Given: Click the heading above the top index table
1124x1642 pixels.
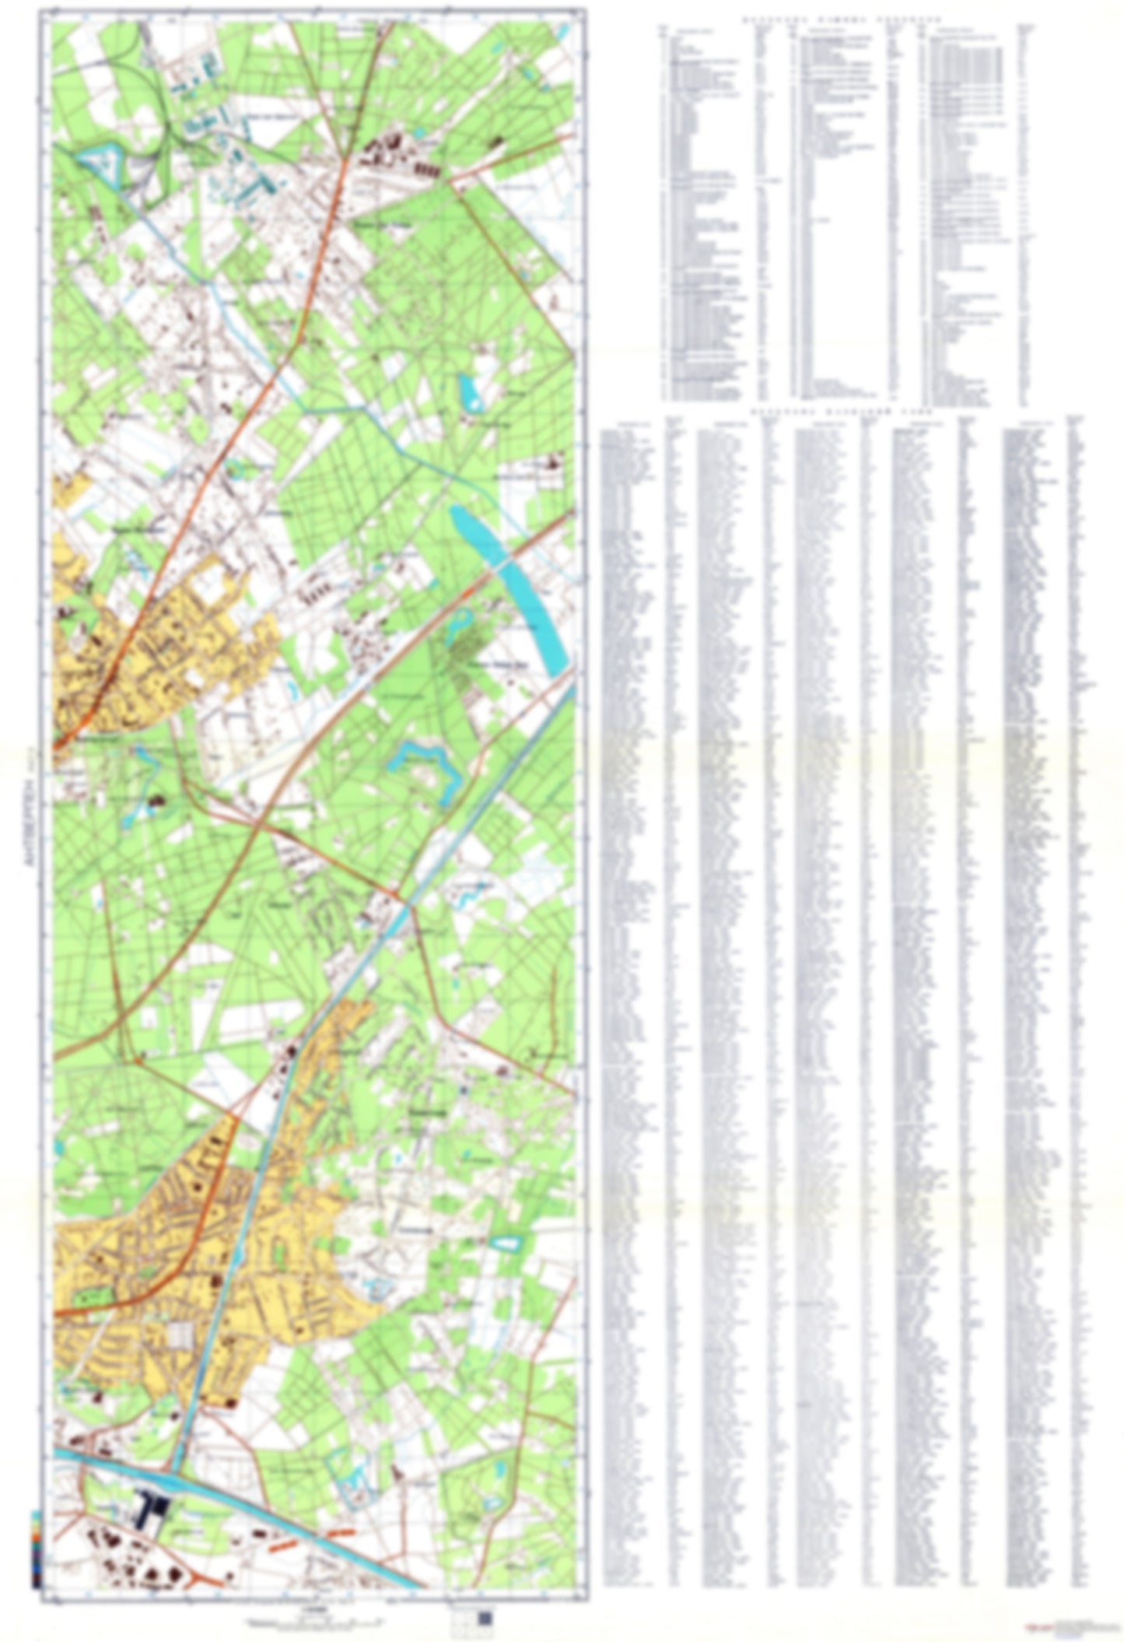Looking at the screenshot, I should [x=840, y=19].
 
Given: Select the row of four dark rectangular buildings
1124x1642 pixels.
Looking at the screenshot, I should [x=426, y=167].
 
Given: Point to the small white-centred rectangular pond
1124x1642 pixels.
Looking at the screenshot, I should [x=504, y=1243].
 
